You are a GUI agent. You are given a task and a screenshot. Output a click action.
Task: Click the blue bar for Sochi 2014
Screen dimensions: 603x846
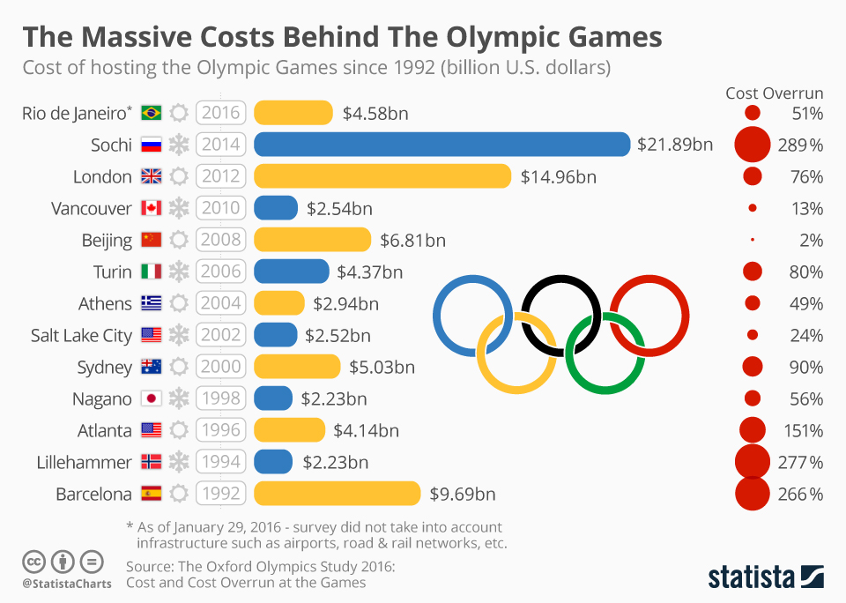click(x=442, y=145)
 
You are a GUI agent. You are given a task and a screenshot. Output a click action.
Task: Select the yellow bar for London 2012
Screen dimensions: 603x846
click(x=382, y=176)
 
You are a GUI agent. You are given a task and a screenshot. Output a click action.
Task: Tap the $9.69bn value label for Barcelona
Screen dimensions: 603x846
click(x=462, y=494)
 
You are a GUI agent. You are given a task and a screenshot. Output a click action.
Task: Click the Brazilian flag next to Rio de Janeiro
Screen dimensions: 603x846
click(x=151, y=113)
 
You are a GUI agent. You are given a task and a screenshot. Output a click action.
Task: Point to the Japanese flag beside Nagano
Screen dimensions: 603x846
click(x=151, y=398)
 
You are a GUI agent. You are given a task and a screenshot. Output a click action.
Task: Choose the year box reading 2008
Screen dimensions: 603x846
click(x=219, y=240)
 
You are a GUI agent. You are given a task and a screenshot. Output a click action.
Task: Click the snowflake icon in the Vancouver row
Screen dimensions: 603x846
click(x=179, y=208)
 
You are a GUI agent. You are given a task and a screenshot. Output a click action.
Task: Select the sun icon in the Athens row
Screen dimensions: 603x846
click(x=179, y=303)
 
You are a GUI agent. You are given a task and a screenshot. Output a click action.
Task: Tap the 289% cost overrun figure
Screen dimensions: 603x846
click(x=800, y=145)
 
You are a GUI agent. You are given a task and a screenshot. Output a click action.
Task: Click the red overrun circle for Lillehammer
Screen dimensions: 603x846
click(x=752, y=462)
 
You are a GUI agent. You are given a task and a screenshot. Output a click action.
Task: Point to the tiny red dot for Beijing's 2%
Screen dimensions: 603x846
click(x=752, y=240)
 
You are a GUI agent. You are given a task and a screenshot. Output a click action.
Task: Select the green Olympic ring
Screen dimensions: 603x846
click(x=605, y=352)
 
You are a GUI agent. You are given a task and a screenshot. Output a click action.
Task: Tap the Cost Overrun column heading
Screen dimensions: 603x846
click(x=774, y=93)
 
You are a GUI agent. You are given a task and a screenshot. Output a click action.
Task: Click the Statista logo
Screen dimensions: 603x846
click(x=766, y=577)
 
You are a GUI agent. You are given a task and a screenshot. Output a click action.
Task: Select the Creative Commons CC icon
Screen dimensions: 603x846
click(x=33, y=561)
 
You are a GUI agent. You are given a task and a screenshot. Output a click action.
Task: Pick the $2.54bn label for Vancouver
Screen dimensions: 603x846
click(x=339, y=208)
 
